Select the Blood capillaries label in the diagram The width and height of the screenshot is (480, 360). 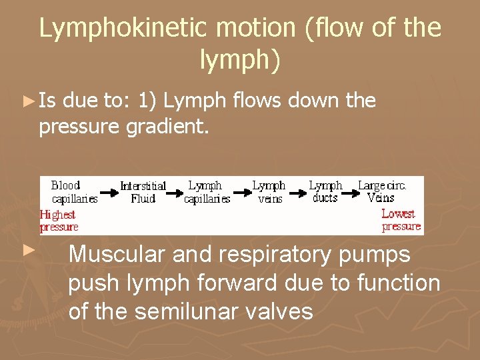pyautogui.click(x=74, y=191)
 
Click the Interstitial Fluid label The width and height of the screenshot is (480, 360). pyautogui.click(x=143, y=192)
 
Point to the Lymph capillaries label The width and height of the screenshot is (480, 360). pyautogui.click(x=207, y=191)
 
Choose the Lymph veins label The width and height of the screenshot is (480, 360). pyautogui.click(x=269, y=191)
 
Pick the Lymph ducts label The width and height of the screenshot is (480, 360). pyautogui.click(x=325, y=191)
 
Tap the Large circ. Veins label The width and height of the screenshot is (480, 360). pyautogui.click(x=381, y=191)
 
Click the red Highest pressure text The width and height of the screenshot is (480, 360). pyautogui.click(x=59, y=221)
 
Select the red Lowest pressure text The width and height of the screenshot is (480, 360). pyautogui.click(x=401, y=220)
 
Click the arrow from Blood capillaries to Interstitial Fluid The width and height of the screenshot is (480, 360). pyautogui.click(x=108, y=193)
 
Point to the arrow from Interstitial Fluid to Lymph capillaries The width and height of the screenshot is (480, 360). pyautogui.click(x=174, y=193)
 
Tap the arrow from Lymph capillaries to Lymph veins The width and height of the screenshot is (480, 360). pyautogui.click(x=241, y=193)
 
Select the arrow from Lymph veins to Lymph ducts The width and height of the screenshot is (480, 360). pyautogui.click(x=297, y=193)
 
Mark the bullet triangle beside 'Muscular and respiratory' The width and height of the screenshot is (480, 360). pyautogui.click(x=27, y=250)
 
